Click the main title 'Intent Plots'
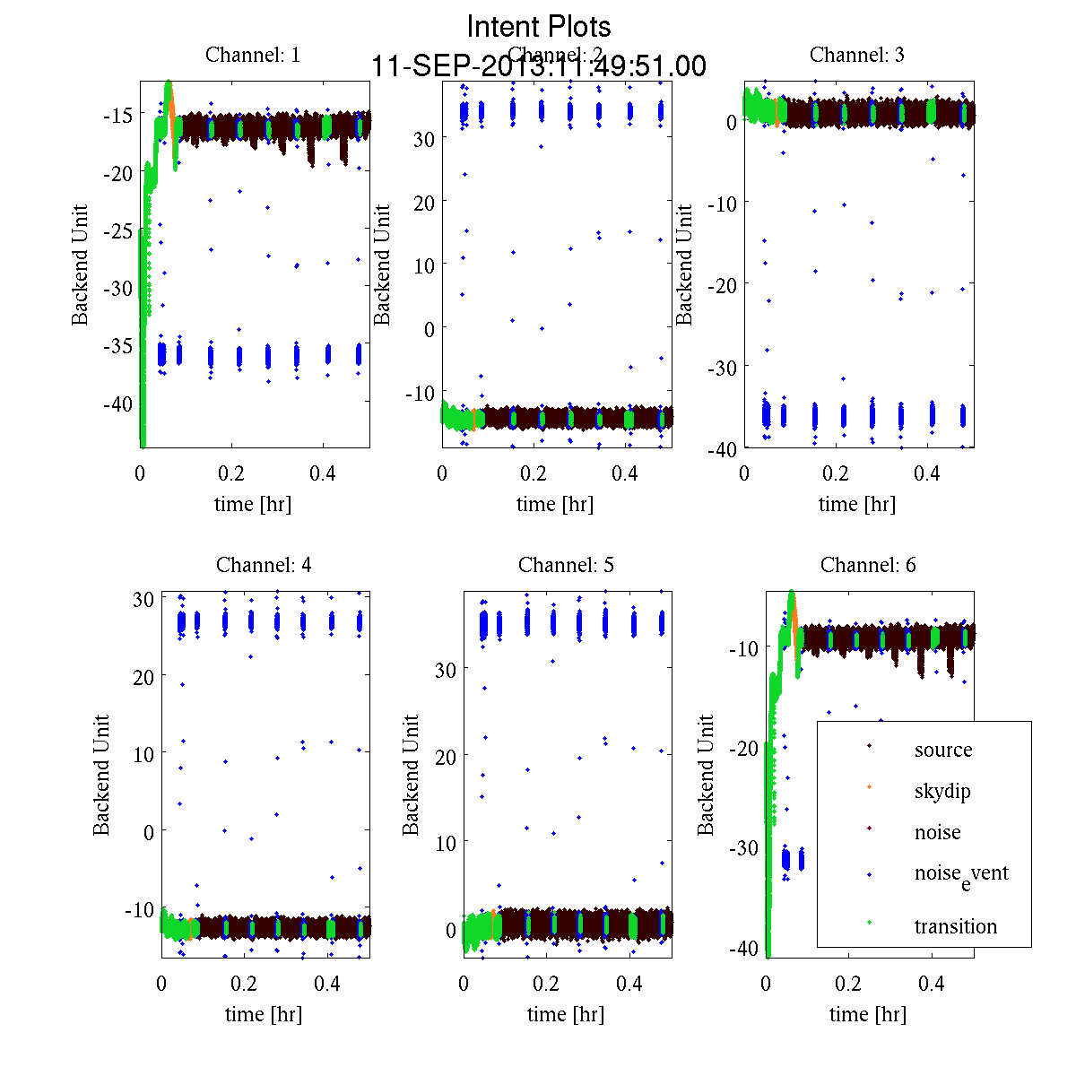539,26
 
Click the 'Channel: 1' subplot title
253,55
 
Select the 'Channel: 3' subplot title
857,55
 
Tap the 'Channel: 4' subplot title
264,565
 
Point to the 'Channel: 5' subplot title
566,565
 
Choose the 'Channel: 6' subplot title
868,565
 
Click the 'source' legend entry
943,750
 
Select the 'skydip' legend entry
942,791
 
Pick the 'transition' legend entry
956,926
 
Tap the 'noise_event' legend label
961,874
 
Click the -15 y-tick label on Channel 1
117,115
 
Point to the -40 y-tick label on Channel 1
117,403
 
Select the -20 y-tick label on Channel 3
722,284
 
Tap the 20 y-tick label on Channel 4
143,676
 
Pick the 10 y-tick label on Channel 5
446,843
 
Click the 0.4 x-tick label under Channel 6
932,984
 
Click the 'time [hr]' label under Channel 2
555,504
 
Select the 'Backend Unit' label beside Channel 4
101,775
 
